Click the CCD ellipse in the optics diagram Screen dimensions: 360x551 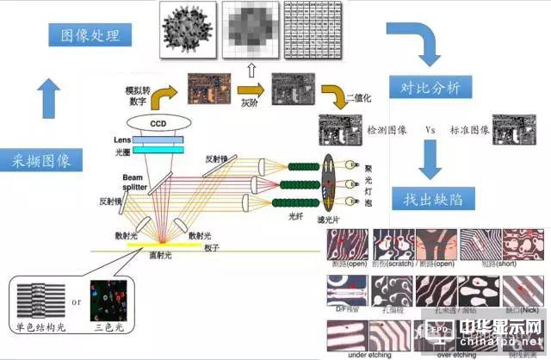click(x=158, y=123)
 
